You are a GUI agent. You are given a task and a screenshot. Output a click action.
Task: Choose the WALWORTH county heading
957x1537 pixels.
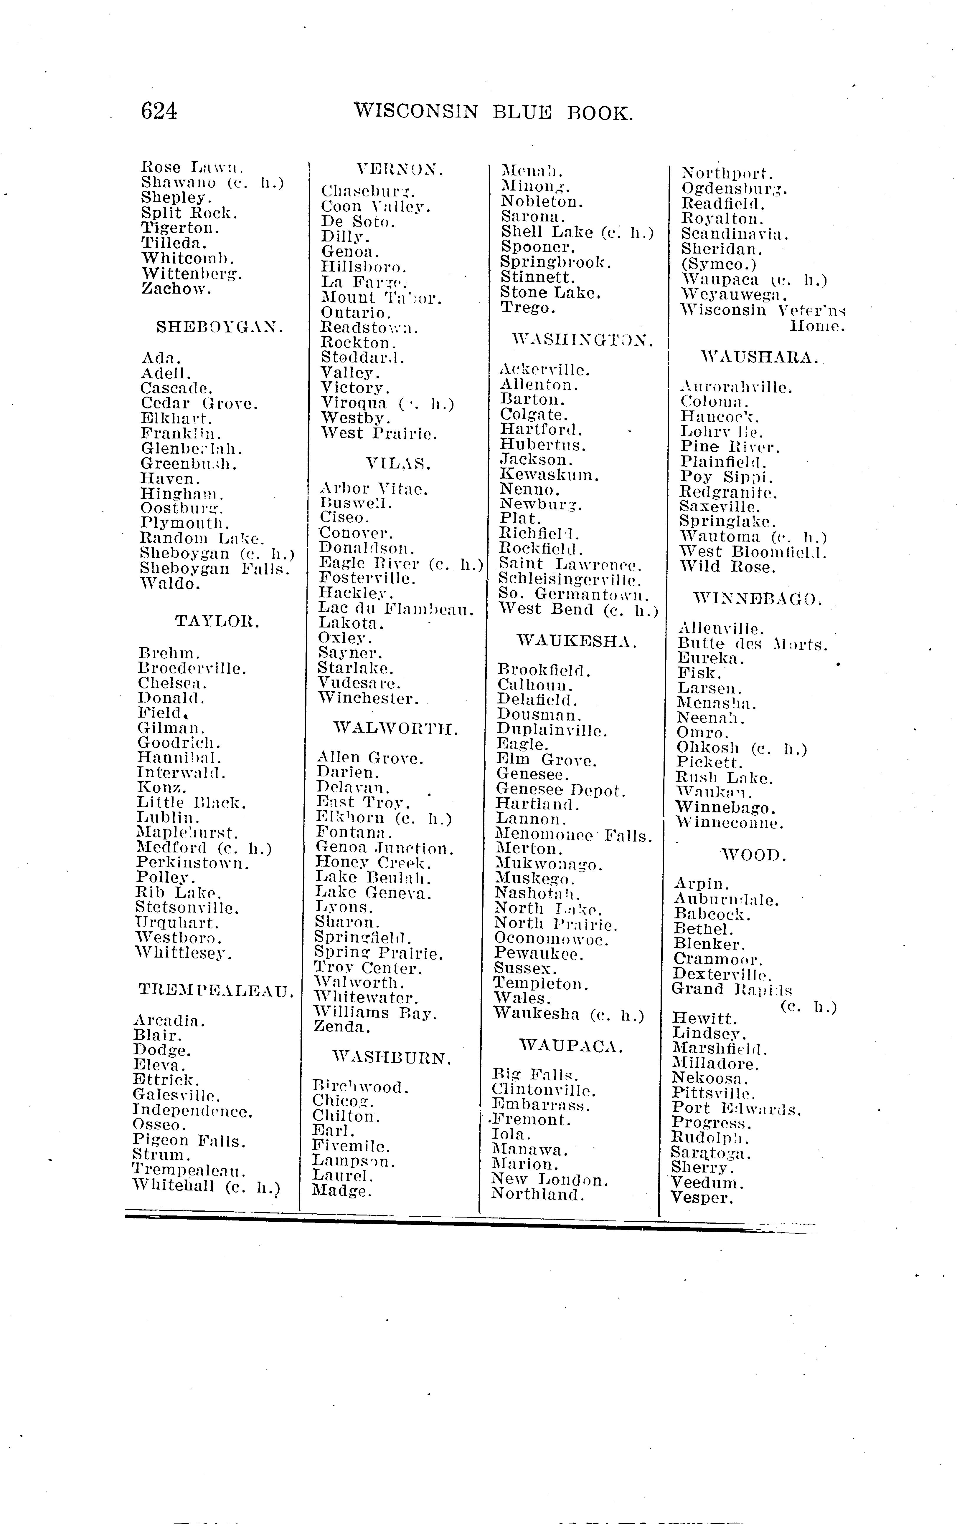pos(396,729)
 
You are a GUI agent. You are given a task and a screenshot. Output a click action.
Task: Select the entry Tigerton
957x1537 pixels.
pos(180,228)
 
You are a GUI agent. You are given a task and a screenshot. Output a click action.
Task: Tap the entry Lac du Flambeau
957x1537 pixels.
pos(396,609)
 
